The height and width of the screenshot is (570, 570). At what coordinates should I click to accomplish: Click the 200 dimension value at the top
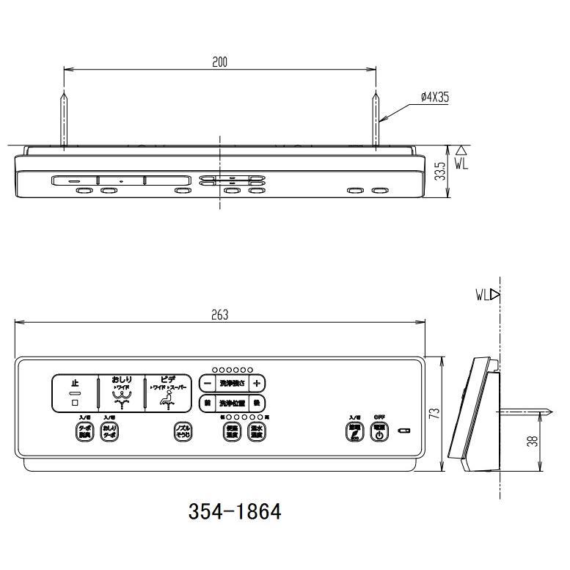220,62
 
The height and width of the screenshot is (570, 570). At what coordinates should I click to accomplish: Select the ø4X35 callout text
434,96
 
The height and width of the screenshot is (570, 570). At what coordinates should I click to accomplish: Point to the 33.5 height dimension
439,172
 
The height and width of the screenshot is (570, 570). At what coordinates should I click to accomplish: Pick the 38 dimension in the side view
533,441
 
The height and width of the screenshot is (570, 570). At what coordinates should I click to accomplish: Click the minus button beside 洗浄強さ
207,383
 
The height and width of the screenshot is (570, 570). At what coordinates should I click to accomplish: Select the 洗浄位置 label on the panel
232,403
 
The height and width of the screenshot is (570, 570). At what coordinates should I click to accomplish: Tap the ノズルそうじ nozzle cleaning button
182,431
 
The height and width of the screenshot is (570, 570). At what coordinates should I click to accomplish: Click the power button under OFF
379,431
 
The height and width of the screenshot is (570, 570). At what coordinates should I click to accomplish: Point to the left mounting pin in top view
65,121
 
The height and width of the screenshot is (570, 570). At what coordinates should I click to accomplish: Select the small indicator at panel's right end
402,431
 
